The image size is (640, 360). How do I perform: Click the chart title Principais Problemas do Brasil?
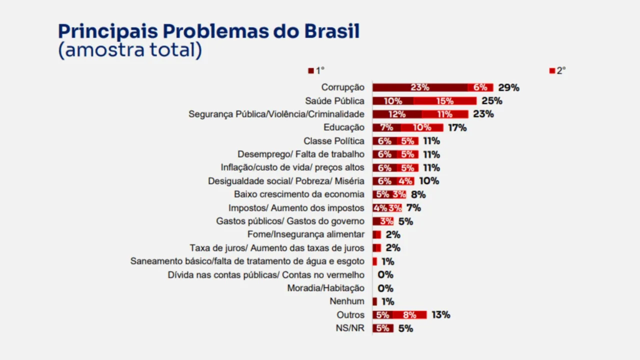tap(208, 31)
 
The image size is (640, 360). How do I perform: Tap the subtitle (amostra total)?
tap(130, 50)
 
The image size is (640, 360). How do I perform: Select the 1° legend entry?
tap(316, 71)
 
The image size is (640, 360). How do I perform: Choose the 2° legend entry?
tap(557, 71)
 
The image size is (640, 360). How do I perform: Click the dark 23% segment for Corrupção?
tap(420, 87)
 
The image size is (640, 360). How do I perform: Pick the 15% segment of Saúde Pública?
tap(444, 101)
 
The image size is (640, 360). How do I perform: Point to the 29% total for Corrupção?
tap(508, 87)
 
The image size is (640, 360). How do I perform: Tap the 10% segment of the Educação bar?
tap(422, 127)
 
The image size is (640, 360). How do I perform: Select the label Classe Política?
tap(333, 141)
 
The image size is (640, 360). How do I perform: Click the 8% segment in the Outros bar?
tap(409, 315)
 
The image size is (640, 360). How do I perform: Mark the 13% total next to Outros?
tap(440, 315)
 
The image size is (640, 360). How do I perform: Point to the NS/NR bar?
tap(383, 328)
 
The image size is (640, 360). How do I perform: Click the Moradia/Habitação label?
tap(325, 288)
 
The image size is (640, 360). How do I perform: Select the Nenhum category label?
tap(346, 301)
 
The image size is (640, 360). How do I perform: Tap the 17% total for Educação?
tap(457, 127)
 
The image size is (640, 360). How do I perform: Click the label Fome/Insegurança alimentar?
tap(305, 234)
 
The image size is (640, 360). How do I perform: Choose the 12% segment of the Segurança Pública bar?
tap(397, 114)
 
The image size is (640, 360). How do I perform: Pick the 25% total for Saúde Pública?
tap(491, 101)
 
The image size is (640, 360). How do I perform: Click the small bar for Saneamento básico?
tap(374, 261)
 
